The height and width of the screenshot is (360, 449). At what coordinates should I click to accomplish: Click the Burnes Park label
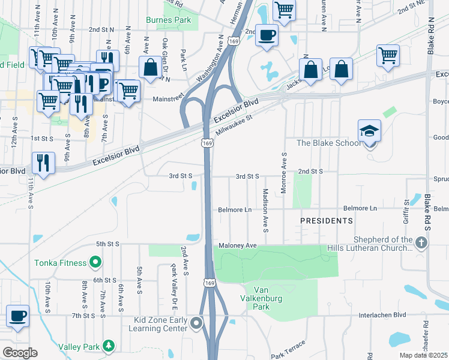pyautogui.click(x=169, y=19)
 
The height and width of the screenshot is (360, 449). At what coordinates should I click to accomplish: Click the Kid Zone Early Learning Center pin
pyautogui.click(x=196, y=324)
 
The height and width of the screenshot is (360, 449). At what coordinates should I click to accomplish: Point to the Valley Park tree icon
pyautogui.click(x=108, y=346)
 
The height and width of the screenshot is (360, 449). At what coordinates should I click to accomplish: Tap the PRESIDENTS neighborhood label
pyautogui.click(x=327, y=221)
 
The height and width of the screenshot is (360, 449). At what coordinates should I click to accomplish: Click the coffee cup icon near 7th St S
pyautogui.click(x=18, y=316)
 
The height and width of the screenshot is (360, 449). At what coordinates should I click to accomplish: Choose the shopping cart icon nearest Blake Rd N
pyautogui.click(x=388, y=55)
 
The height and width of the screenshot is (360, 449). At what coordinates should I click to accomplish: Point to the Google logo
pyautogui.click(x=19, y=353)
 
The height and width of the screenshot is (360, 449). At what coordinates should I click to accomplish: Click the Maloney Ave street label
pyautogui.click(x=238, y=245)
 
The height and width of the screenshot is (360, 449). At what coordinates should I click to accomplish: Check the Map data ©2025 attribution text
pyautogui.click(x=423, y=355)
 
